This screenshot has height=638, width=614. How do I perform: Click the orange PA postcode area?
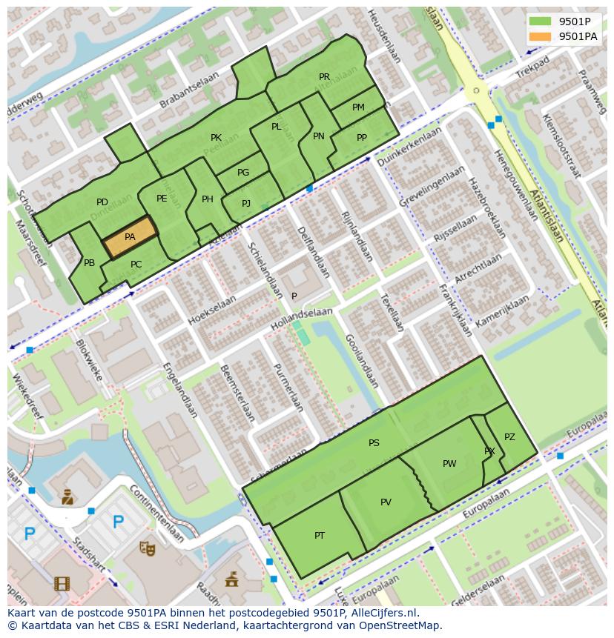pyautogui.click(x=130, y=237)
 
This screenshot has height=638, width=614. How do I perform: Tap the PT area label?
pyautogui.click(x=320, y=535)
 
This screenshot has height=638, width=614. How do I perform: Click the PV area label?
pyautogui.click(x=386, y=502)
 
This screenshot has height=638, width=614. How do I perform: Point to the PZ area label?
pyautogui.click(x=509, y=437)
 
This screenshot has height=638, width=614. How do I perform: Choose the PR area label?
pyautogui.click(x=324, y=77)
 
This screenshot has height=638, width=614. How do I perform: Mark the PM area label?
pyautogui.click(x=358, y=107)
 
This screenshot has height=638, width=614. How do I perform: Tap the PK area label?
pyautogui.click(x=216, y=138)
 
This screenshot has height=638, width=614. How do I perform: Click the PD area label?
pyautogui.click(x=102, y=202)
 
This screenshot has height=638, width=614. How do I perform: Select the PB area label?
pyautogui.click(x=89, y=263)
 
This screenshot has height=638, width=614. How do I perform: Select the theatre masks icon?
pyautogui.click(x=147, y=548)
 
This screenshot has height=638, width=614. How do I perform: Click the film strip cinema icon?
pyautogui.click(x=62, y=583)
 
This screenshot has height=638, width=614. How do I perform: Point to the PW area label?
pyautogui.click(x=449, y=464)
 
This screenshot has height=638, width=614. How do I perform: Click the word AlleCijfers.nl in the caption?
pyautogui.click(x=384, y=613)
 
